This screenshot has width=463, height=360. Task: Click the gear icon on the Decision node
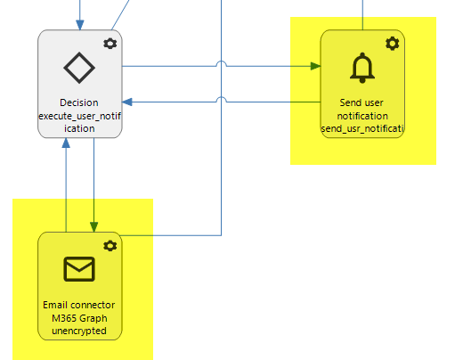pyautogui.click(x=110, y=44)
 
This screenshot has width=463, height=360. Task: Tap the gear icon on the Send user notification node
pyautogui.click(x=393, y=44)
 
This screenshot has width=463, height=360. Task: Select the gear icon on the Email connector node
pyautogui.click(x=110, y=246)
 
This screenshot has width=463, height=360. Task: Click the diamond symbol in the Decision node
pyautogui.click(x=79, y=68)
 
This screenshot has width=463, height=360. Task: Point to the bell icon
pyautogui.click(x=362, y=68)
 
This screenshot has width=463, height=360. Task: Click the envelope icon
pyautogui.click(x=79, y=269)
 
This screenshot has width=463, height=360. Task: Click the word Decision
pyautogui.click(x=79, y=102)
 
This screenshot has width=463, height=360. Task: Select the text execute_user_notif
pyautogui.click(x=79, y=116)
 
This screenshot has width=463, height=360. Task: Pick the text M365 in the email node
pyautogui.click(x=61, y=318)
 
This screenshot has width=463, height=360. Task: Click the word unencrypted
pyautogui.click(x=79, y=331)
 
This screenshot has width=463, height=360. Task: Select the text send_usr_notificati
pyautogui.click(x=362, y=129)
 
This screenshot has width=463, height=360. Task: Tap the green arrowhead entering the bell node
pyautogui.click(x=315, y=66)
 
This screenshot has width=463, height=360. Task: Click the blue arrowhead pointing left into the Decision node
pyautogui.click(x=127, y=102)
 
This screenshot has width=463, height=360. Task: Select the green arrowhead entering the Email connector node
pyautogui.click(x=94, y=227)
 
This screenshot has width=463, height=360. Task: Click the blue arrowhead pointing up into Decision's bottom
pyautogui.click(x=66, y=143)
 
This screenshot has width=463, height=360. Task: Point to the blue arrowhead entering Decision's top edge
pyautogui.click(x=80, y=25)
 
